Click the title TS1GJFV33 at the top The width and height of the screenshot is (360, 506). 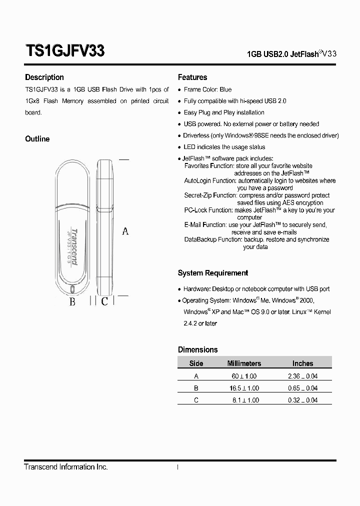pos(64,51)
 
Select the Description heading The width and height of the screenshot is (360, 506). pos(44,77)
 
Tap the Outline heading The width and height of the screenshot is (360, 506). pos(37,139)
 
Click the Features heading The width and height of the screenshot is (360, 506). pos(192,77)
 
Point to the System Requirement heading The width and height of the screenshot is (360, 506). pos(213,273)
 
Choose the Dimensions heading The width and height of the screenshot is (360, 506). pos(198,350)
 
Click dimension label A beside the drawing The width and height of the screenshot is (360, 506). pos(125,231)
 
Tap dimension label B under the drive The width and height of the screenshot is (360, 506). pos(72,302)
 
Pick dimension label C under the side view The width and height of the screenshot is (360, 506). pos(104,301)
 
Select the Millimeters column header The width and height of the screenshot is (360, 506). pos(244,363)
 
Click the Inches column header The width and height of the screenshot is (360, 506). pos(302,363)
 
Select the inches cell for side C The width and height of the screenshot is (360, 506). pos(302,400)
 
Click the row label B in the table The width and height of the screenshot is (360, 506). pos(196,388)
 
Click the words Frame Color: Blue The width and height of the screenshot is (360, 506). pos(207,89)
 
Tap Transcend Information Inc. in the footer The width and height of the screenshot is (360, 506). pos(66,467)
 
